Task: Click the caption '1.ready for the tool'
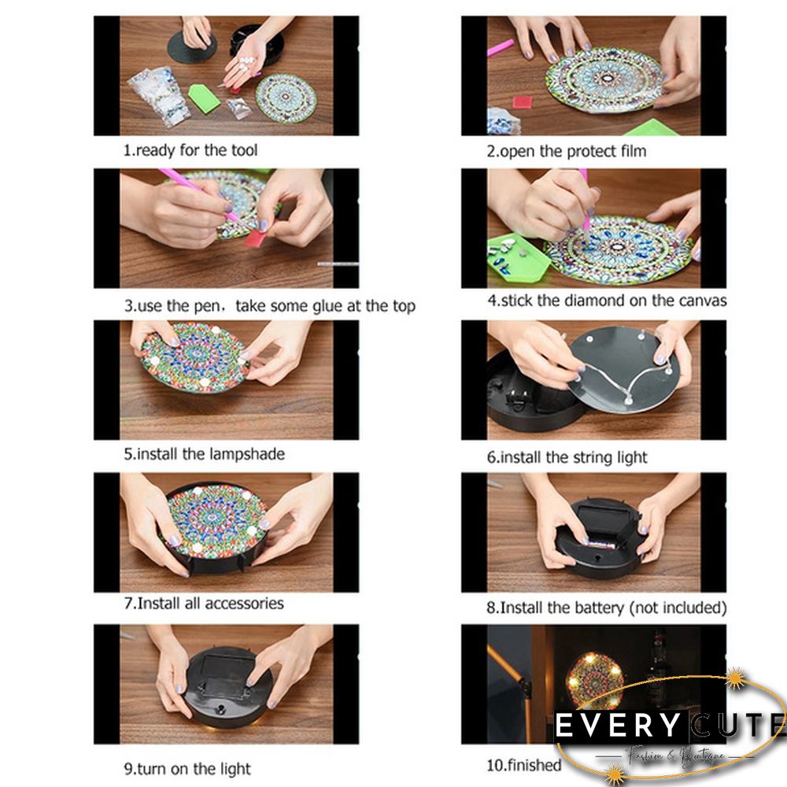click(190, 150)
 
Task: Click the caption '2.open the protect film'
click(565, 150)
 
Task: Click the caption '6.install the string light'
click(567, 457)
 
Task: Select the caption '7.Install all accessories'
click(203, 604)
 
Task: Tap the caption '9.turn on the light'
click(187, 769)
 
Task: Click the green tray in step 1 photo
click(204, 98)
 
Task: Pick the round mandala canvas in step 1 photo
click(286, 98)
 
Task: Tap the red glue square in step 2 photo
click(523, 102)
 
